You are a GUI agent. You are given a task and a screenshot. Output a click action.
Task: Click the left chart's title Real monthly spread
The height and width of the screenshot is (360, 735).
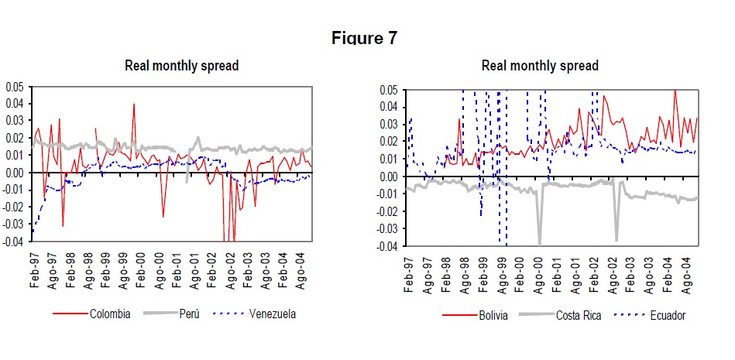(181, 66)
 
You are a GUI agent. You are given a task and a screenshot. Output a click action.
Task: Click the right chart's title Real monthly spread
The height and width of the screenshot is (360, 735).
(540, 66)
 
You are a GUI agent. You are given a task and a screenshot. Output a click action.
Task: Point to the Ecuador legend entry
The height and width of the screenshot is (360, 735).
(665, 315)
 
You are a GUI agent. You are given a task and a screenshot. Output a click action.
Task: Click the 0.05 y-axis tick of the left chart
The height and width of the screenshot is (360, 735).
(15, 87)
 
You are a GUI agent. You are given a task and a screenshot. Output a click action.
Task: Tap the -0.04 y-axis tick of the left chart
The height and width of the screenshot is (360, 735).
(13, 242)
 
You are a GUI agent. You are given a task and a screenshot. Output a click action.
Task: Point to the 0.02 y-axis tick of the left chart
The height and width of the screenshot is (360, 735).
(15, 138)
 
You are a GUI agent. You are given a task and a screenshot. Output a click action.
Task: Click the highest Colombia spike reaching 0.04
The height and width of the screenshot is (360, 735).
(133, 104)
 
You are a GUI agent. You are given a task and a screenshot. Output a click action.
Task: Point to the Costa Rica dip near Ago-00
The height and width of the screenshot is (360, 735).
(539, 243)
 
